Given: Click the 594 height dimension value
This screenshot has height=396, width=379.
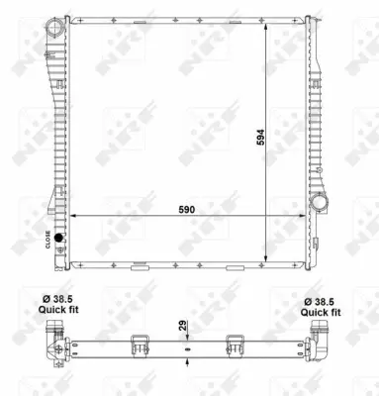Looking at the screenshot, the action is pos(260,138).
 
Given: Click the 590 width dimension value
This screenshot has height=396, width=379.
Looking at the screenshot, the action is pos(187,210).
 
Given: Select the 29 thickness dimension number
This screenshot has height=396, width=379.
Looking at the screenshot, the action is pos(183,325).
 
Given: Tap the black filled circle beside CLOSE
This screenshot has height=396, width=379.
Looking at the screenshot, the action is pos(58,238).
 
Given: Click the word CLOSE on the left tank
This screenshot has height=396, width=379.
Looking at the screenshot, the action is pos(47,240).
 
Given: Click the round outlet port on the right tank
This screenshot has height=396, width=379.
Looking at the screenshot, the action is pos(319,201).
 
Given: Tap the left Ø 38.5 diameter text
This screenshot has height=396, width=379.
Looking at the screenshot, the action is pos(57,299).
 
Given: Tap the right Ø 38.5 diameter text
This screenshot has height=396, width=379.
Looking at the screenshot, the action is pos(319,302).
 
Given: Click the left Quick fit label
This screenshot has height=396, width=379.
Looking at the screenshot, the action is pos(58,310).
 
